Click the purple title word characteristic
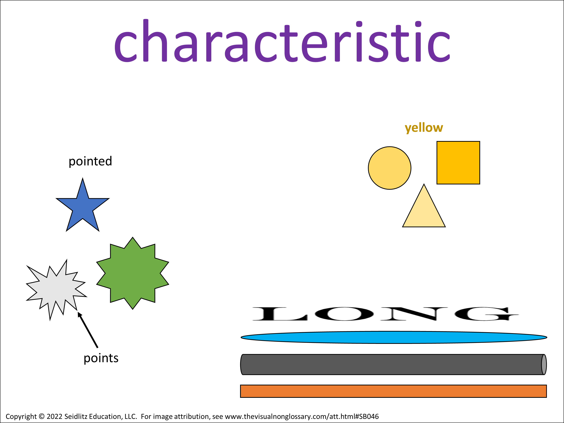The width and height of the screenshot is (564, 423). (x=282, y=41)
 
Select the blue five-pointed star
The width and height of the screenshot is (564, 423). (x=83, y=207)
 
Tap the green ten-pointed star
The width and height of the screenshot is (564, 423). (x=133, y=273)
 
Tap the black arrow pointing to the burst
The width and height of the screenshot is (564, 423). (x=88, y=330)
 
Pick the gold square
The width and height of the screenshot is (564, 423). (x=458, y=163)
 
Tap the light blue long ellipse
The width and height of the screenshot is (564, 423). (x=394, y=337)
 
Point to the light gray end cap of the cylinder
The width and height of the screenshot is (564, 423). (x=544, y=364)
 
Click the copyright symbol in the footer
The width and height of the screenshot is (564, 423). (x=42, y=417)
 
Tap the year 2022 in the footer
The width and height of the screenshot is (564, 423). (x=55, y=417)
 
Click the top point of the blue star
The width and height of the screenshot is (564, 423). (x=83, y=178)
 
